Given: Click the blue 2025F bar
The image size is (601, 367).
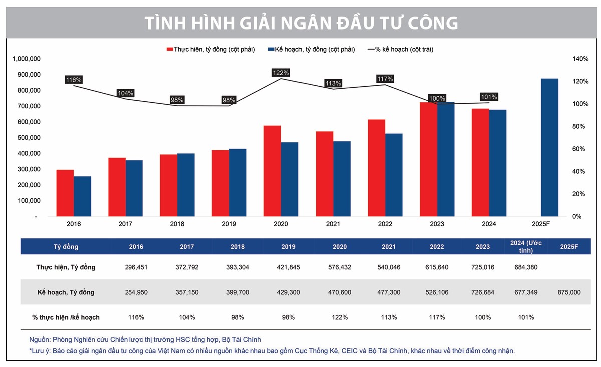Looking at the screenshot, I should coord(549,148).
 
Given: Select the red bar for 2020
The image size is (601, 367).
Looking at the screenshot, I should coord(272,171).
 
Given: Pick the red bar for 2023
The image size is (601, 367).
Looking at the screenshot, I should coord(429,159).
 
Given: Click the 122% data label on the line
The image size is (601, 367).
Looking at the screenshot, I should coord(281,73).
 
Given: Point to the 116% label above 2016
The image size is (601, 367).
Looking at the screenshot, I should coord(73,80).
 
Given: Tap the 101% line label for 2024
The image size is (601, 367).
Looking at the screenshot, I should coord(489,97).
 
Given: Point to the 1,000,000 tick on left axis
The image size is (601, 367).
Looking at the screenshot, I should coord(25,59).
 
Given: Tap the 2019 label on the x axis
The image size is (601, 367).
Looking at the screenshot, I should coord(229,224).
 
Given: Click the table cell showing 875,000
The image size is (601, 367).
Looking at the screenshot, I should coord(569,292).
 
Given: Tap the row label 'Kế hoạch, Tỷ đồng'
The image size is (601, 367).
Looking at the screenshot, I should coord(66,292).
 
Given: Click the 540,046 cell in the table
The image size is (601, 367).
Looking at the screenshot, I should coord(389,267).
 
